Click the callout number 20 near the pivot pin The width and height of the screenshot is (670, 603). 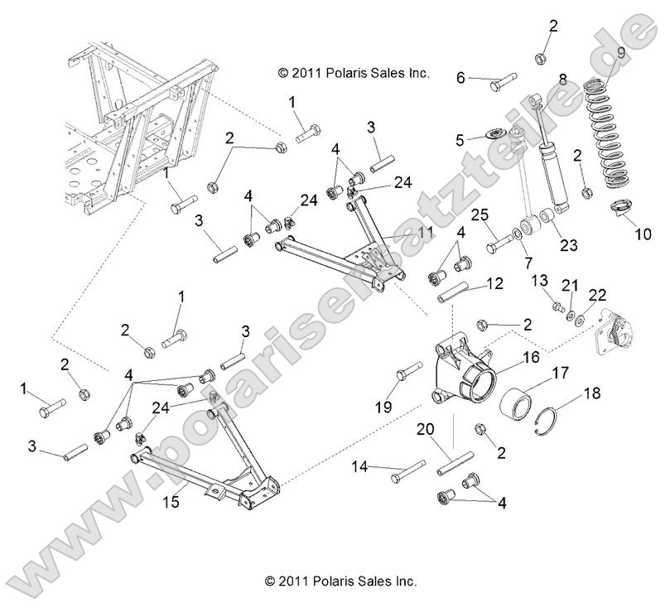tap(425, 431)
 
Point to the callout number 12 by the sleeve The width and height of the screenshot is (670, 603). tap(494, 283)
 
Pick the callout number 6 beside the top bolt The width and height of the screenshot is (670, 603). tap(460, 78)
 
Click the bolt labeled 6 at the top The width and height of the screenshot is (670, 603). tap(500, 81)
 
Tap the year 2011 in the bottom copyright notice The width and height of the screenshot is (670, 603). tap(296, 581)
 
